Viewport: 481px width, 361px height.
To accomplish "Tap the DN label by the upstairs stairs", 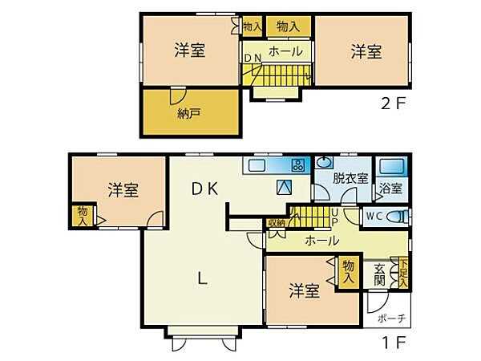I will tap(253, 58).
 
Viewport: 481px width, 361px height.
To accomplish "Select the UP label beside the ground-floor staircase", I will tap(334, 217).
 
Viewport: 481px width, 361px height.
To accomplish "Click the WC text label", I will tap(374, 216).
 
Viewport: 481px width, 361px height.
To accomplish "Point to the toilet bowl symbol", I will tap(395, 217).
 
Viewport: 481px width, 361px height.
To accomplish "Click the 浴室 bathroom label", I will tap(391, 190).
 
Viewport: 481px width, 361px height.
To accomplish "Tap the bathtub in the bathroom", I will tap(392, 168).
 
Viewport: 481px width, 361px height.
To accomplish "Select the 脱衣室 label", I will tap(350, 178).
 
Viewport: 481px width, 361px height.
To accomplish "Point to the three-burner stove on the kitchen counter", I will tap(297, 166).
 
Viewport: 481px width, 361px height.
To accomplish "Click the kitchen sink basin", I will tap(257, 166).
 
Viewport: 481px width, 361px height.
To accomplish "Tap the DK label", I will tap(206, 189).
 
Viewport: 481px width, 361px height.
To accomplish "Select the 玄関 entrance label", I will tap(380, 275).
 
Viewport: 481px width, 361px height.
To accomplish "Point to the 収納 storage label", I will tap(277, 222).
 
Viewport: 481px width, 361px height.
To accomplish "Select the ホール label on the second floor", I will tap(285, 51).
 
